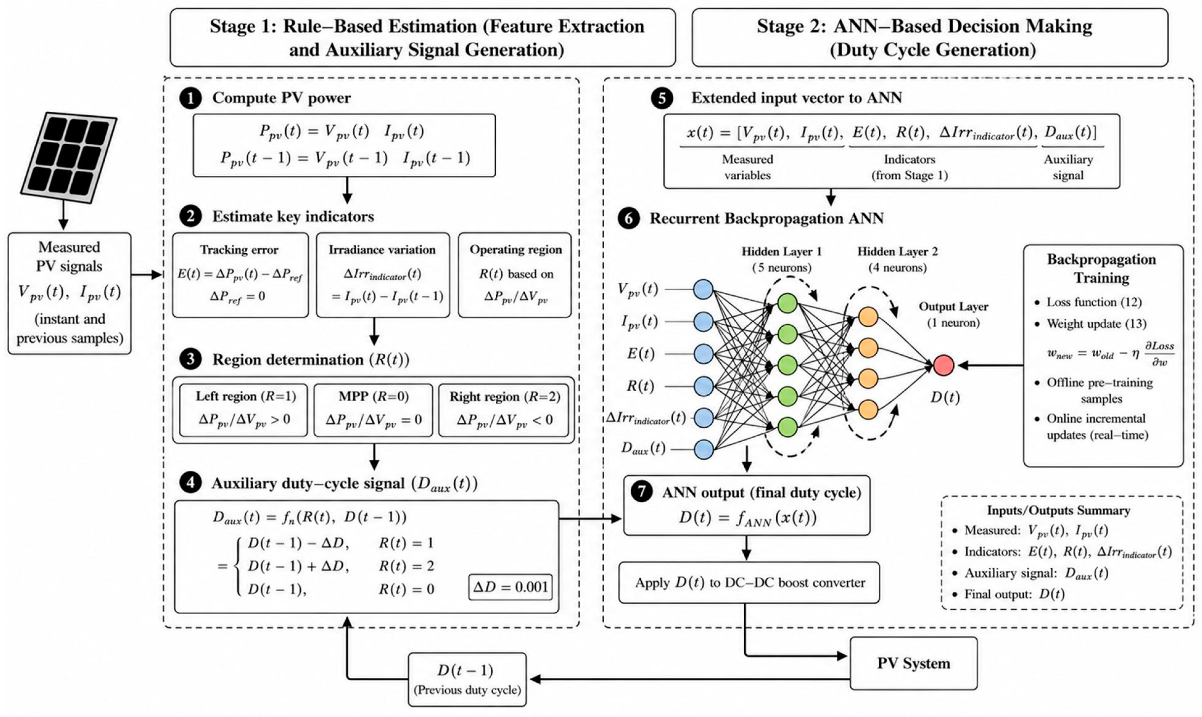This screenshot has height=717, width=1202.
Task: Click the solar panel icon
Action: (x=68, y=157)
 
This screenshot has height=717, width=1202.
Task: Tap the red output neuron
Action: (x=943, y=365)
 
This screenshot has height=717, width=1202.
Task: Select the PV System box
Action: (x=913, y=663)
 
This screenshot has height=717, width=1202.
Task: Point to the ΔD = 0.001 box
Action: (x=510, y=587)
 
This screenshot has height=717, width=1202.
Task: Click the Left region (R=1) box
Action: (x=243, y=410)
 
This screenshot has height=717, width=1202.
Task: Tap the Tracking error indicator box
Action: (x=240, y=275)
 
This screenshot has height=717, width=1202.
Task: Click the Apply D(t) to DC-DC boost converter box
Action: (x=749, y=583)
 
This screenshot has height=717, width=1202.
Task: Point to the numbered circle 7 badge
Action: (x=642, y=492)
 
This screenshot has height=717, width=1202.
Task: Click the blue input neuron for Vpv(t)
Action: (x=703, y=289)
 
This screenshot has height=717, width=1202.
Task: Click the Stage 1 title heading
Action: (x=427, y=38)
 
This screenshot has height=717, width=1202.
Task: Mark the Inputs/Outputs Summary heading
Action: (x=1058, y=510)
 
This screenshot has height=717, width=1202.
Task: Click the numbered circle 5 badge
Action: (x=662, y=98)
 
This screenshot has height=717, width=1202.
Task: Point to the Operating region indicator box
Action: (x=515, y=275)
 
